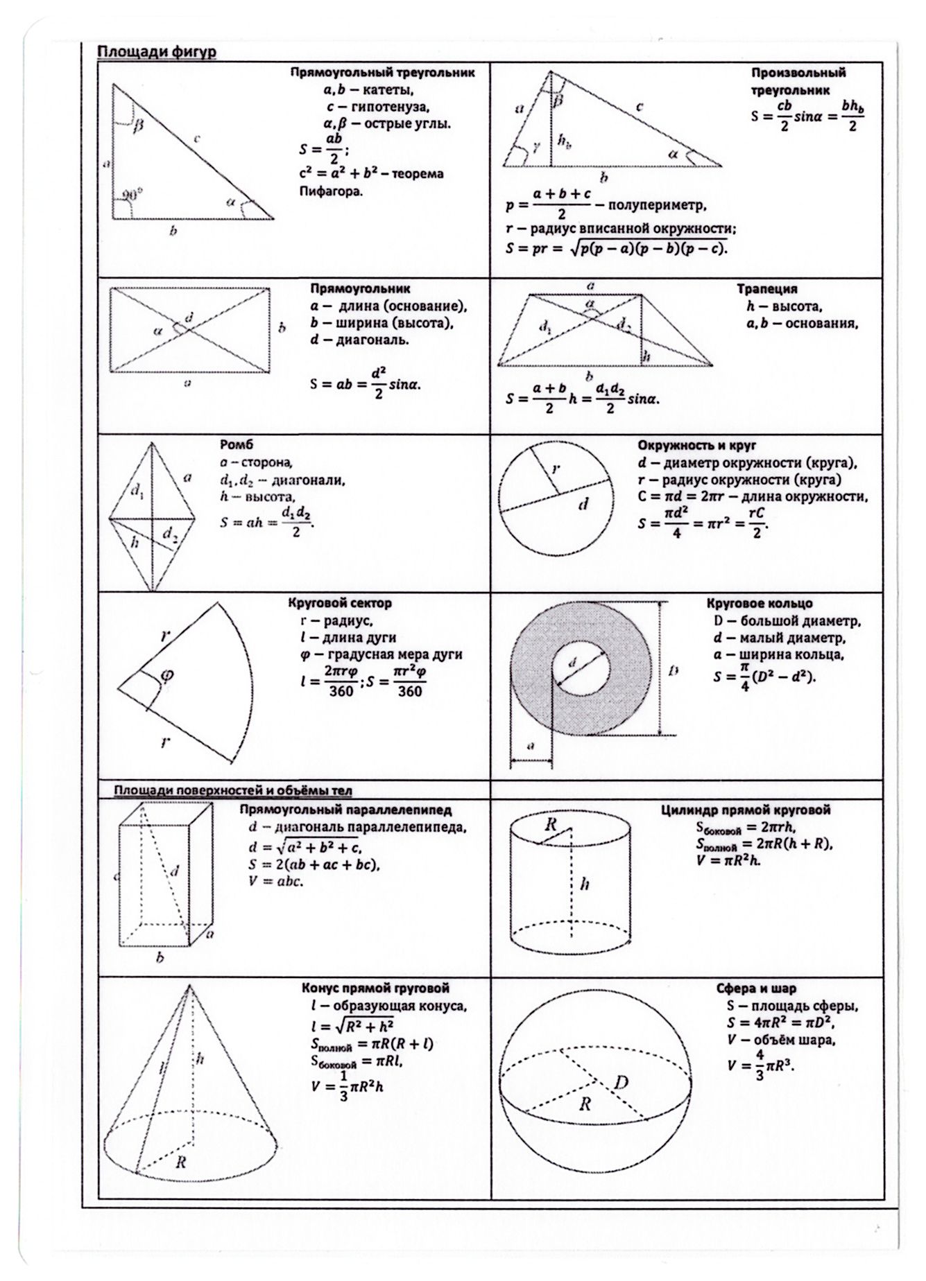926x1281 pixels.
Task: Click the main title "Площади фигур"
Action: pyautogui.click(x=156, y=52)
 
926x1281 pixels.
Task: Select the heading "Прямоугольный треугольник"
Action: pyautogui.click(x=382, y=73)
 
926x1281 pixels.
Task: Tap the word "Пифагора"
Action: pyautogui.click(x=330, y=191)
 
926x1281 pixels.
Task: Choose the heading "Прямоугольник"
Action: pyautogui.click(x=360, y=288)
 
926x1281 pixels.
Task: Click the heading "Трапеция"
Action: pyautogui.click(x=766, y=288)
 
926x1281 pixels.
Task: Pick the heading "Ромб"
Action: pyautogui.click(x=232, y=445)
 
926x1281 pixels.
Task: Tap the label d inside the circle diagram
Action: pyautogui.click(x=583, y=503)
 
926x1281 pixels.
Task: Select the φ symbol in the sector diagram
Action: pyautogui.click(x=166, y=674)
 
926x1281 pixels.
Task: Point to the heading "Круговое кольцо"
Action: pyautogui.click(x=760, y=603)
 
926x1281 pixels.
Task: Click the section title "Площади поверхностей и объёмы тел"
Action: pyautogui.click(x=234, y=790)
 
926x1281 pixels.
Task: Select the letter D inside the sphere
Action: pyautogui.click(x=621, y=1081)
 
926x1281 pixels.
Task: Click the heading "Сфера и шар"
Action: pyautogui.click(x=756, y=988)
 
